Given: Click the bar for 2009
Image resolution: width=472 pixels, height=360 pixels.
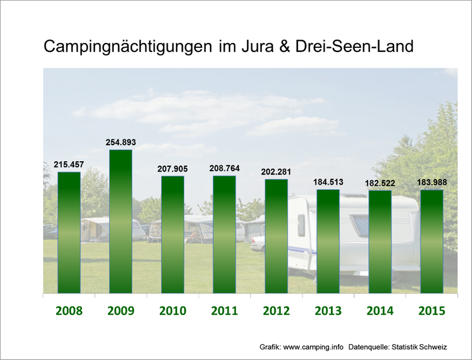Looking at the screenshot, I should click(121, 221).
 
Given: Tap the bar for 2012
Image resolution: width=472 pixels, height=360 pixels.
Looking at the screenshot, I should click(276, 236).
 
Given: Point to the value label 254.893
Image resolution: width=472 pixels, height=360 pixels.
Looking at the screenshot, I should click(121, 142).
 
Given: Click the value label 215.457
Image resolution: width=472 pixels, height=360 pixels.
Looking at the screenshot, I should click(69, 165).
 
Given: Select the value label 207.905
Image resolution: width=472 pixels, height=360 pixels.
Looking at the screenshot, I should click(172, 169).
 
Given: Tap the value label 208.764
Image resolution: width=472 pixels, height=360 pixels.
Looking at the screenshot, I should click(224, 168).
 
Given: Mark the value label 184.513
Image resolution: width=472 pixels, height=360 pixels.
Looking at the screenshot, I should click(328, 182).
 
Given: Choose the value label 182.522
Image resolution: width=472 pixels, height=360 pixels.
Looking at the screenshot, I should click(379, 183).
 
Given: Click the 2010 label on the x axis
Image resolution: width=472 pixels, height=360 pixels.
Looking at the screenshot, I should click(172, 311).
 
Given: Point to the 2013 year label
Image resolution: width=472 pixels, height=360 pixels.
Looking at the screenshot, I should click(328, 311).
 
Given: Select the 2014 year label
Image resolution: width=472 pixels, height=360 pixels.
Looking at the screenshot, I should click(379, 311).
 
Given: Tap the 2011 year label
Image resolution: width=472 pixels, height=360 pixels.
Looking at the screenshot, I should click(224, 311).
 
